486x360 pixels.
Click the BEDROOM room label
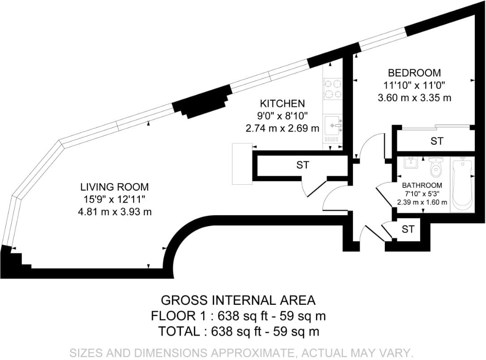(x=414, y=73)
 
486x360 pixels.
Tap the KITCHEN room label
(x=282, y=104)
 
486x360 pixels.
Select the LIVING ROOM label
(x=115, y=187)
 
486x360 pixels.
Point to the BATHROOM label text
(x=422, y=186)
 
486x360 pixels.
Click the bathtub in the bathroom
(x=462, y=184)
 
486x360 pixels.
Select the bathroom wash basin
(x=411, y=162)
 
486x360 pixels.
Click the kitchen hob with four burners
(x=333, y=89)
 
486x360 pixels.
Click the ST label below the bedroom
(x=437, y=141)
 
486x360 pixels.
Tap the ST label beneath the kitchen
(x=302, y=165)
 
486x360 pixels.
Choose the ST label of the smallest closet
(x=408, y=230)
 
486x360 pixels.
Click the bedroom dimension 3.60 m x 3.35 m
(x=414, y=98)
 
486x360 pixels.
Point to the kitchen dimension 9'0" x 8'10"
(x=282, y=116)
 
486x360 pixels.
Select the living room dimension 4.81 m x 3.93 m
(x=115, y=212)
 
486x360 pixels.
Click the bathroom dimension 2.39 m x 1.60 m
(x=422, y=202)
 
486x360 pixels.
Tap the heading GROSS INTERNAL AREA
(x=238, y=300)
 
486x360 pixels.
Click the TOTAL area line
(x=238, y=331)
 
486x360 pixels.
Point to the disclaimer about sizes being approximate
(x=241, y=353)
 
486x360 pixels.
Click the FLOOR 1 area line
(x=238, y=316)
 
